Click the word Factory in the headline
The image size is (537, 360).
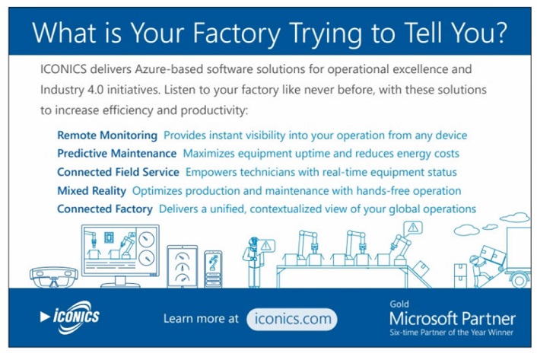pos(237,33)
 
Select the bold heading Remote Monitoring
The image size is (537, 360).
pos(107,135)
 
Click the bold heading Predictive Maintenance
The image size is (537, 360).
pos(117,154)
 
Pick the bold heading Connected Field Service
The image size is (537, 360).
pos(118,172)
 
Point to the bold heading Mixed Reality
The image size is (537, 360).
pos(91,191)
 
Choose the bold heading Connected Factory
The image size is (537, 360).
pos(105,209)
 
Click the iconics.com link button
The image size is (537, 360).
pos(292,319)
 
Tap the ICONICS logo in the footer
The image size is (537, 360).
pos(70,317)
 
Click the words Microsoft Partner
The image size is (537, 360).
pos(453,319)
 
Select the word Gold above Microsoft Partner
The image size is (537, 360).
pos(399,304)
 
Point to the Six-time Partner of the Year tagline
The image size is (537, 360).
pos(451,333)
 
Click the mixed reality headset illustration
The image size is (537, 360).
pos(54,277)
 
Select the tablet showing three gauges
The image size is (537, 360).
pos(183,266)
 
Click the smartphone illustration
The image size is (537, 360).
pos(213,269)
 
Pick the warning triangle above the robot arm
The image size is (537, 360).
pos(413,228)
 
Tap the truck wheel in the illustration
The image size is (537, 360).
pos(520,279)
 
